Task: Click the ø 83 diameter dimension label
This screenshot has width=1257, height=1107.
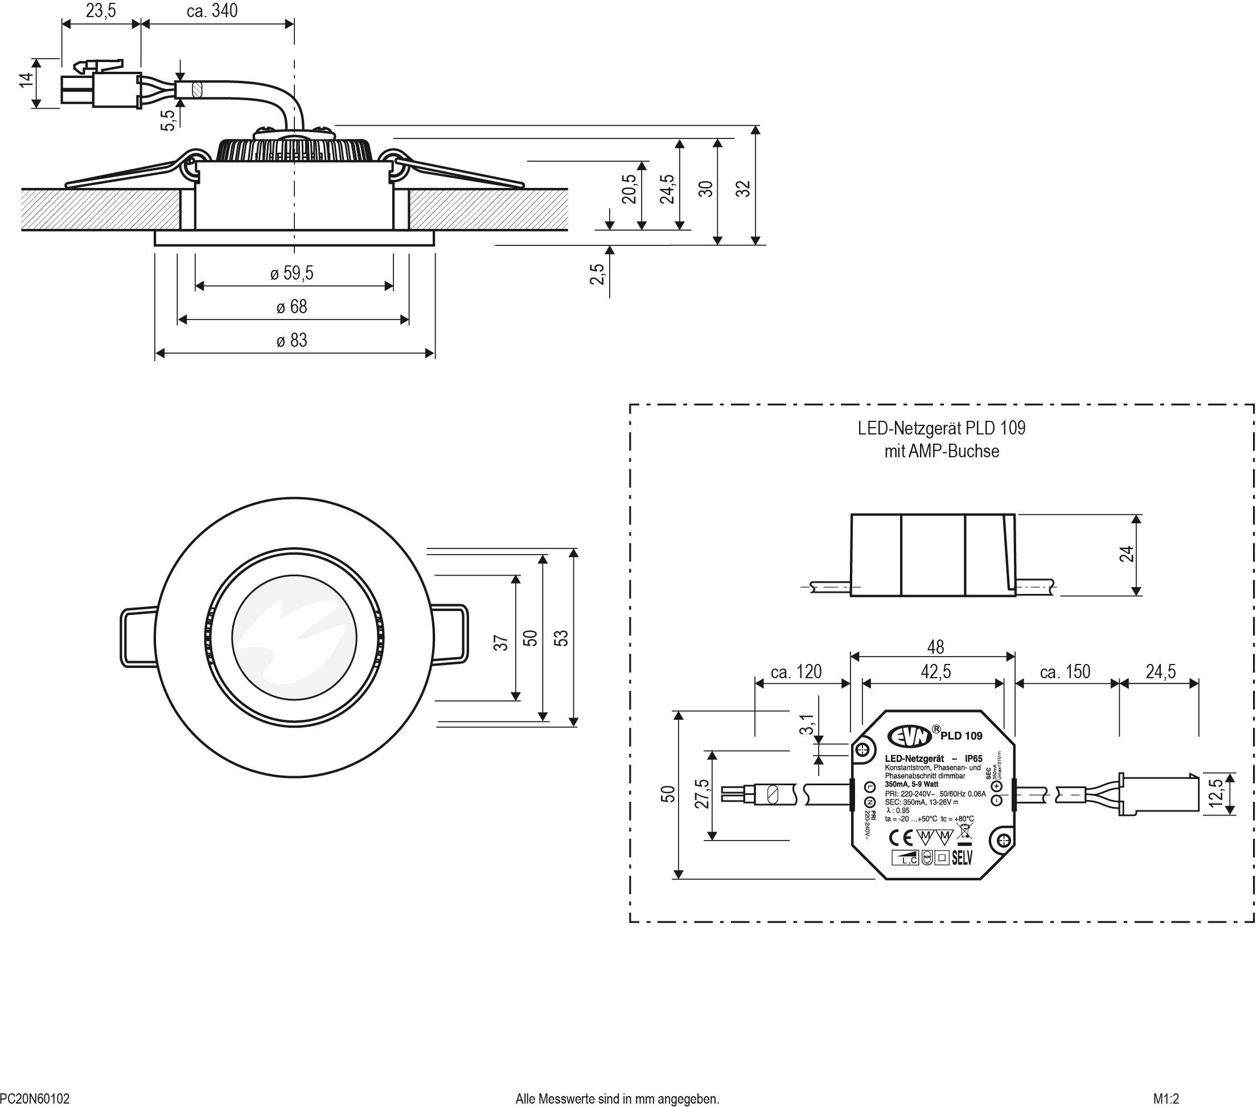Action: click(292, 340)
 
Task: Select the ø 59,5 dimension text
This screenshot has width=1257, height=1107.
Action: click(291, 273)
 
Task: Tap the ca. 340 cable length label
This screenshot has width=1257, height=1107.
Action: click(212, 11)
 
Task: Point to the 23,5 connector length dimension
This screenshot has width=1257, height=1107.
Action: click(101, 11)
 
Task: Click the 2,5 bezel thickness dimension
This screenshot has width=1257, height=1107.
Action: click(597, 274)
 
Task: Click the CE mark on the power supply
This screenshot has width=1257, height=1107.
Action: click(901, 838)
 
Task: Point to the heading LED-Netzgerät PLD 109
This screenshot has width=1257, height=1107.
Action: click(942, 428)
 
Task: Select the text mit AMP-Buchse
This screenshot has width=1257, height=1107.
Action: click(942, 452)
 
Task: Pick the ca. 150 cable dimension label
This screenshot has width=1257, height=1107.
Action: click(1065, 671)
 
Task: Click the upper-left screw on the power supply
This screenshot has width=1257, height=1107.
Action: click(862, 749)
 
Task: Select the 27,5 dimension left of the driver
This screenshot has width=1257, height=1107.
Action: click(703, 794)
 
